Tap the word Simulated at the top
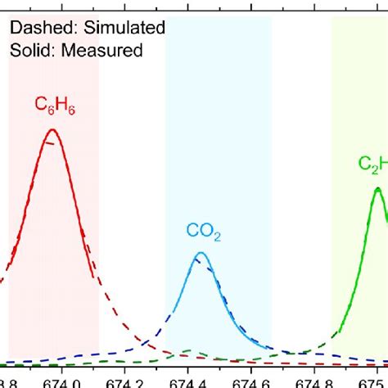pos(124,28)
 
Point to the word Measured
pos(103,50)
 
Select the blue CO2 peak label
pos(201,235)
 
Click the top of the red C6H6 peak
pos(52,129)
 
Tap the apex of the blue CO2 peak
pos(199,254)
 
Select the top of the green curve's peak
pos(377,189)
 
